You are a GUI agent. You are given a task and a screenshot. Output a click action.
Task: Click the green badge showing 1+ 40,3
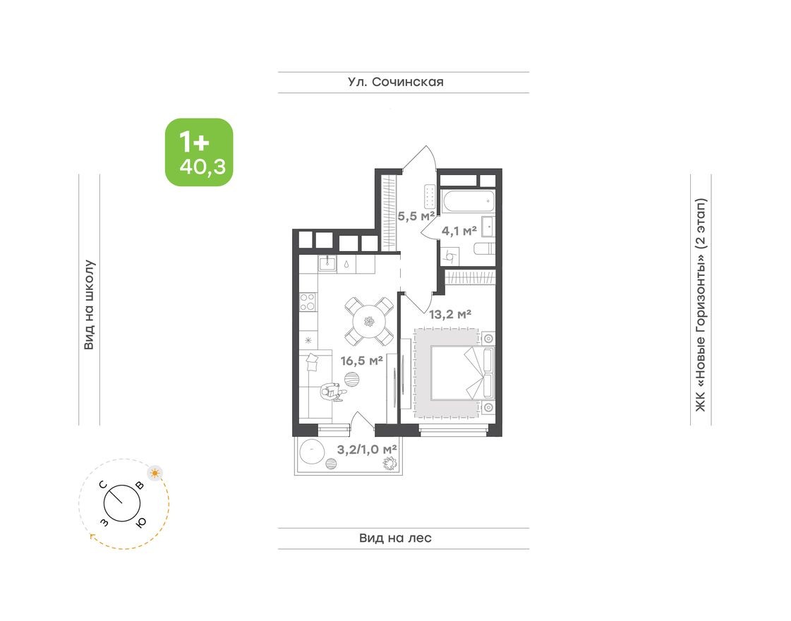pyautogui.click(x=199, y=152)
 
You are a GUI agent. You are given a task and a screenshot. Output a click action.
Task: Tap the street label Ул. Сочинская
pyautogui.click(x=395, y=82)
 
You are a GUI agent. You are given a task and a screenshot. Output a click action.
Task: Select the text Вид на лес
pyautogui.click(x=395, y=538)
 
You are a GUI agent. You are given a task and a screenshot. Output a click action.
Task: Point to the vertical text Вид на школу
pyautogui.click(x=90, y=305)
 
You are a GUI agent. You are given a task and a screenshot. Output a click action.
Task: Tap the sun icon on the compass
pyautogui.click(x=154, y=472)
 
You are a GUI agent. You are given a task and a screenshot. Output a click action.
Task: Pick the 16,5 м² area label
pyautogui.click(x=361, y=361)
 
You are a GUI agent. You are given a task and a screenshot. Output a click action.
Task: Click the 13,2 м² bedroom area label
pyautogui.click(x=449, y=315)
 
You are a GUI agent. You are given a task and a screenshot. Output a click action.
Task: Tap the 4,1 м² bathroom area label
pyautogui.click(x=459, y=229)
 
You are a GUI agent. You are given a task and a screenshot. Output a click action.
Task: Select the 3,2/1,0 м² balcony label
pyautogui.click(x=366, y=449)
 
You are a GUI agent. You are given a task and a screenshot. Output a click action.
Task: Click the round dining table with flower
pyautogui.click(x=368, y=322)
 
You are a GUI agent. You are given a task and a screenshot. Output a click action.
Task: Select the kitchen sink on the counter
pyautogui.click(x=328, y=264)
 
